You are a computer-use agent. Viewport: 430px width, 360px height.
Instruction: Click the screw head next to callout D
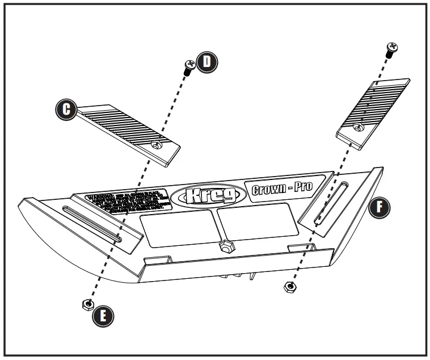(x=189, y=68)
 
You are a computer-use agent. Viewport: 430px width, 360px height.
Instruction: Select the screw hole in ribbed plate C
(x=157, y=146)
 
